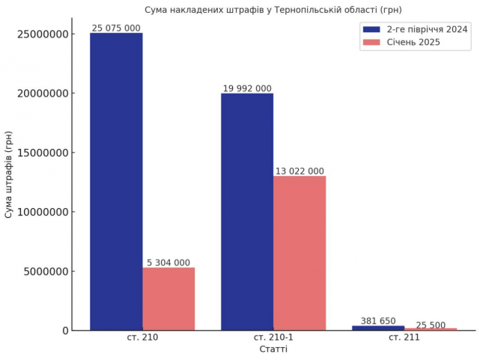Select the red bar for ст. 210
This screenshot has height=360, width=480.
(x=168, y=299)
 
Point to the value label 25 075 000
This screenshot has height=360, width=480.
(x=116, y=28)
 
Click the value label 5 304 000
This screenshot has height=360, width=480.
(x=168, y=262)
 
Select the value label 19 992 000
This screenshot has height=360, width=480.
(x=247, y=88)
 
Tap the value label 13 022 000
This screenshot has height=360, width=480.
(x=300, y=171)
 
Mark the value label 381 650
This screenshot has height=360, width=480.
(x=378, y=320)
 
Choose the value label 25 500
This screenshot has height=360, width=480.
(x=431, y=325)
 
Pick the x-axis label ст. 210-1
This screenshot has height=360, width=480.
(x=273, y=338)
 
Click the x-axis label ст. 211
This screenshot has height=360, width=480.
(x=404, y=338)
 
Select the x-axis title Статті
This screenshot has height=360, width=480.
(x=273, y=350)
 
